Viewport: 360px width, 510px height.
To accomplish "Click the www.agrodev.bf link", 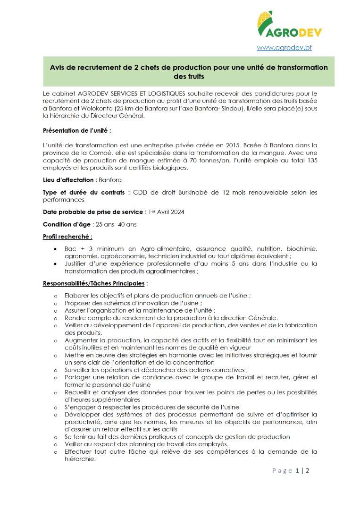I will [x=284, y=48].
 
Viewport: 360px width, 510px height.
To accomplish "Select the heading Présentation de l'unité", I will [x=77, y=131].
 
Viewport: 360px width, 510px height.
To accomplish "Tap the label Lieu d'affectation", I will [x=69, y=180].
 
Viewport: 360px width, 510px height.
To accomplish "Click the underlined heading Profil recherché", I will [x=67, y=237].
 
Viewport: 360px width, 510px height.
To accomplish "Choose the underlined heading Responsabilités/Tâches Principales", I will [x=94, y=284].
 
